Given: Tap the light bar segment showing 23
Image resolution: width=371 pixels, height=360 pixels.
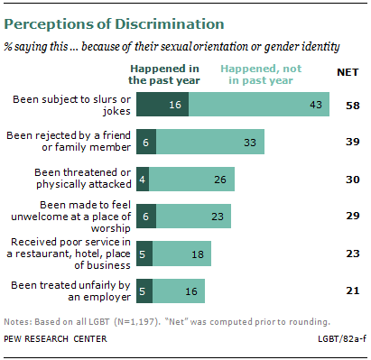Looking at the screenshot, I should [x=190, y=217].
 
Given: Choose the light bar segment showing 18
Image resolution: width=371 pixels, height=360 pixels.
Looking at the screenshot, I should [x=181, y=254].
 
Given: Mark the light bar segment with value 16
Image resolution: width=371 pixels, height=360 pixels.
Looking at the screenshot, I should [x=177, y=291].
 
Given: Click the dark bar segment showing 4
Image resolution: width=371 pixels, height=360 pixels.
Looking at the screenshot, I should [x=143, y=180].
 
